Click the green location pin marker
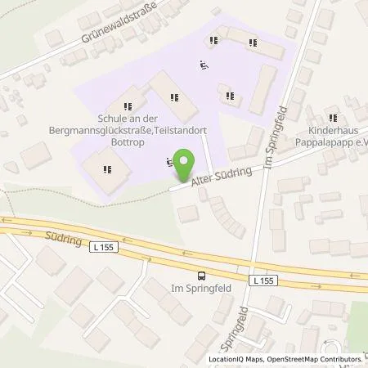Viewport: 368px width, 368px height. (186, 166)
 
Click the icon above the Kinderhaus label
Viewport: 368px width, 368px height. (333, 115)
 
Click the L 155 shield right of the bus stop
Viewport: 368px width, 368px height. (258, 280)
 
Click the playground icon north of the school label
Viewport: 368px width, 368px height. (204, 65)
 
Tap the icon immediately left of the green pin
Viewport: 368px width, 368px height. (170, 161)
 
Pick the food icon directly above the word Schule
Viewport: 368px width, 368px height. (126, 105)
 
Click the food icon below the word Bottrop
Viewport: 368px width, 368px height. (107, 170)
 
